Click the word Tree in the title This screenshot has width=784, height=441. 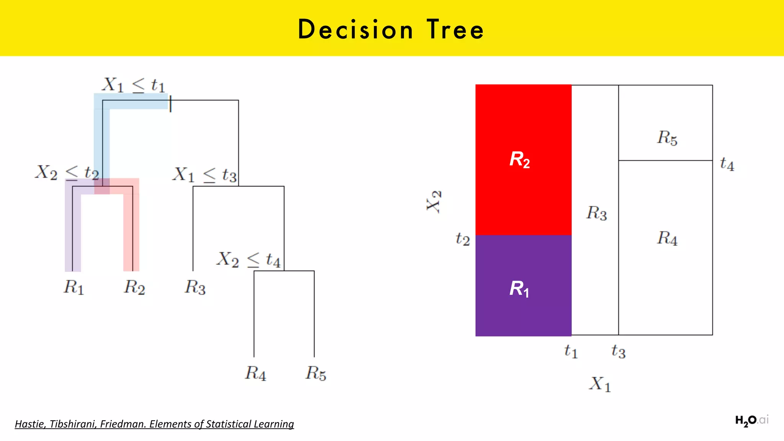pos(455,29)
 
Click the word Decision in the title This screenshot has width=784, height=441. pos(356,29)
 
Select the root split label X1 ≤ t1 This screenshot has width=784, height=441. pos(134,85)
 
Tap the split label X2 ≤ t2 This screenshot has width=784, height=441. pos(67,172)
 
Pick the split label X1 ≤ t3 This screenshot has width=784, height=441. pos(204,175)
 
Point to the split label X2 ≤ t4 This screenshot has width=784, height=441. pos(248,260)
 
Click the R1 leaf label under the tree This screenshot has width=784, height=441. pos(73,287)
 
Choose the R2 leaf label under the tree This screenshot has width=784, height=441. pos(134,287)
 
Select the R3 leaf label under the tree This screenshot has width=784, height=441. pos(195,287)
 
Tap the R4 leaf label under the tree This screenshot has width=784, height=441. pos(255,373)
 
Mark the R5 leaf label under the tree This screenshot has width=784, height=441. pos(316,373)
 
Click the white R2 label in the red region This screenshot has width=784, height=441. pos(519,159)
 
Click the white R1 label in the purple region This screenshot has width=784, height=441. pos(519,289)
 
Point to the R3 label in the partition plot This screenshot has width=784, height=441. pos(596,213)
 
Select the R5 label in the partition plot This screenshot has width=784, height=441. pos(667,138)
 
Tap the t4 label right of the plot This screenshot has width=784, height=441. pos(727,164)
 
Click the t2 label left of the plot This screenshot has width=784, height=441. pos(462,239)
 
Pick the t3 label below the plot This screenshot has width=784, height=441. pos(618,351)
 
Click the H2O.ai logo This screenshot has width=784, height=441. pos(751,421)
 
